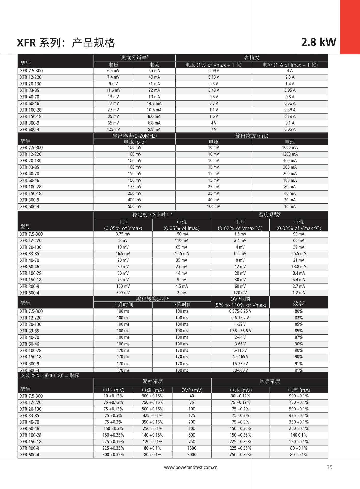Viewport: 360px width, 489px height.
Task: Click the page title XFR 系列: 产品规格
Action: [x=66, y=43]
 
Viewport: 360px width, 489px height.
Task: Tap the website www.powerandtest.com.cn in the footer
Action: [x=191, y=467]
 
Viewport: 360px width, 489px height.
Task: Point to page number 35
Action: [x=329, y=467]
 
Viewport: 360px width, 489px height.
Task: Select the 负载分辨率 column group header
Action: [x=134, y=57]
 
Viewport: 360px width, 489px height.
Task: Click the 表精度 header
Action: [x=252, y=57]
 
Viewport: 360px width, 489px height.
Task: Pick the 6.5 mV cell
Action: [x=113, y=71]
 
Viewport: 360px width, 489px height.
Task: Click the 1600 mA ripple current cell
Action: [x=290, y=148]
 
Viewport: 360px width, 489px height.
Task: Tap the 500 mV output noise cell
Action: [x=134, y=207]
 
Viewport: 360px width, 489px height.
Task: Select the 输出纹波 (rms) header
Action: [x=252, y=136]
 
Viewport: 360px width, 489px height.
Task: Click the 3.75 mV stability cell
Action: [x=123, y=234]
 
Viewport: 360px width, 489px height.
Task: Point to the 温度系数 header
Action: [x=269, y=215]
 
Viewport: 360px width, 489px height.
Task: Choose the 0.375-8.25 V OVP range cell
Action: [x=240, y=311]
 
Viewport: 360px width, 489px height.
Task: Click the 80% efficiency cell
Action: [x=299, y=311]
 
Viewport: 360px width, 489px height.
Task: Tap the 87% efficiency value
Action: [x=299, y=337]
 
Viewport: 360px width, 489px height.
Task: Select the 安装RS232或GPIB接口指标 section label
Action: [x=50, y=375]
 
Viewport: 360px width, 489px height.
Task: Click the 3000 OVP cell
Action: [x=192, y=455]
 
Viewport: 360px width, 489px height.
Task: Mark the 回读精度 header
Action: [x=270, y=381]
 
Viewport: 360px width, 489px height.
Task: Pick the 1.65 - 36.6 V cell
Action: [x=240, y=331]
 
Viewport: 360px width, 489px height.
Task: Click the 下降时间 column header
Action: [x=182, y=305]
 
